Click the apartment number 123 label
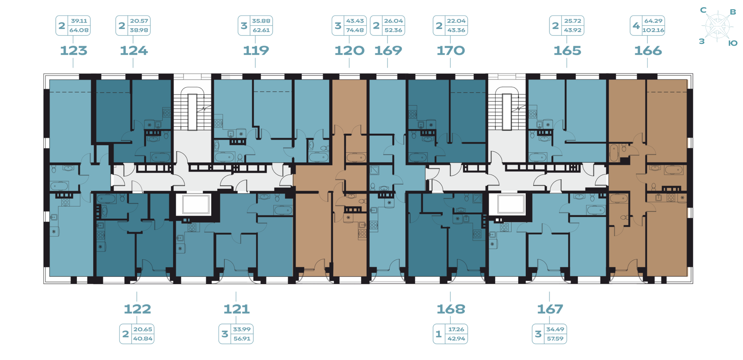tap(74, 51)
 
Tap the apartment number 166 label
tap(648, 51)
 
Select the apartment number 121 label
tap(236, 309)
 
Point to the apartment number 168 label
tap(451, 309)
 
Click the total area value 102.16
tap(653, 30)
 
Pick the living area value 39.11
tap(79, 21)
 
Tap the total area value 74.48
tap(355, 30)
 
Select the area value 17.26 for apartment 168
tap(456, 329)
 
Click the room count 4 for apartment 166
tap(636, 26)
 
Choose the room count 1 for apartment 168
tap(438, 334)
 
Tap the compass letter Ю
tap(733, 43)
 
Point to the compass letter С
tap(703, 10)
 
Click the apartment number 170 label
tap(451, 51)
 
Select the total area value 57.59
tap(555, 338)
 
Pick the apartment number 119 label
tap(256, 51)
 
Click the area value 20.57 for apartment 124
tap(139, 21)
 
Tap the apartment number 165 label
tap(567, 51)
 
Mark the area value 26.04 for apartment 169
tap(393, 21)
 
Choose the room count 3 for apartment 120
tap(338, 26)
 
